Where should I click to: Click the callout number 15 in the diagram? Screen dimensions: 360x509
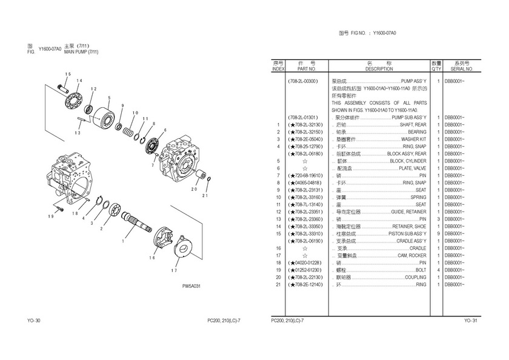point(68,74)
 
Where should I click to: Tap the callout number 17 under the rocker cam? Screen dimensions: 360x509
point(174,270)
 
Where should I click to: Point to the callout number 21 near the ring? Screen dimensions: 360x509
point(205,195)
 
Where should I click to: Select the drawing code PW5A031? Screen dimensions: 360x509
point(191,287)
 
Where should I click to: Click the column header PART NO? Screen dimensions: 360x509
point(305,69)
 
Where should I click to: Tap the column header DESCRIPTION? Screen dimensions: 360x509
point(379,69)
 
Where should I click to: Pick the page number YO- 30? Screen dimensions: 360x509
point(33,321)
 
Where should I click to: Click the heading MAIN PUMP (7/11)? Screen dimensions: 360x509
point(81,52)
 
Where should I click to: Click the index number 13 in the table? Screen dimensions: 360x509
point(278,219)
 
